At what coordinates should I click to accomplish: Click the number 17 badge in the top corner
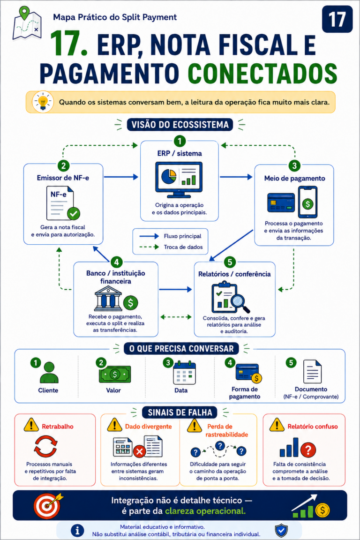[337, 19]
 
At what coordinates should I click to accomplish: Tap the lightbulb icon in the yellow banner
[43, 102]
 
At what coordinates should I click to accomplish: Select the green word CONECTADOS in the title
[262, 73]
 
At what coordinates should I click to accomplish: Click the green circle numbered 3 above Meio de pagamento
[294, 165]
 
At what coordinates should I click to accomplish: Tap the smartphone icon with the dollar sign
[307, 202]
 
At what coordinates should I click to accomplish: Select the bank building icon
[108, 298]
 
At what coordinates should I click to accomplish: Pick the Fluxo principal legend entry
[170, 236]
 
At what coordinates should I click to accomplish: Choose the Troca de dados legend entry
[171, 247]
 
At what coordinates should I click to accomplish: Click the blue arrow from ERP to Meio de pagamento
[236, 177]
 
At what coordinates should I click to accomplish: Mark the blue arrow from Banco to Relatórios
[175, 290]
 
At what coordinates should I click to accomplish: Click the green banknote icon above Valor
[115, 374]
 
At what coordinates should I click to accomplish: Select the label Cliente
[48, 390]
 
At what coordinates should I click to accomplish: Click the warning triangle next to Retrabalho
[31, 425]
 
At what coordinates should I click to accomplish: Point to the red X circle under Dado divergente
[139, 451]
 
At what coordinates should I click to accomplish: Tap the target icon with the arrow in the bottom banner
[47, 506]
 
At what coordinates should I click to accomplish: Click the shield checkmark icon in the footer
[281, 531]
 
